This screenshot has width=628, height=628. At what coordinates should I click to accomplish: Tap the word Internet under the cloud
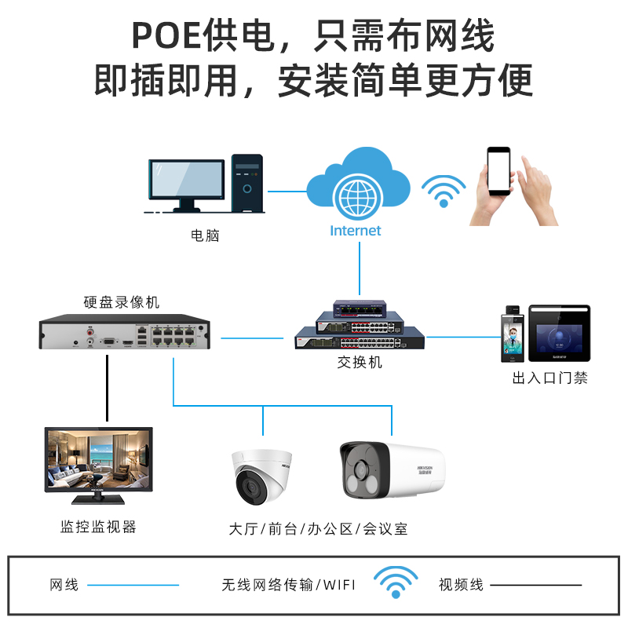[x=356, y=231]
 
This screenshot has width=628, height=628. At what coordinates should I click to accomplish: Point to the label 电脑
[x=205, y=235]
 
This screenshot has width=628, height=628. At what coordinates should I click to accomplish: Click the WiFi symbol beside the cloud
[x=444, y=191]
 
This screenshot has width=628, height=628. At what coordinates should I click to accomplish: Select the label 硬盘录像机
[x=122, y=302]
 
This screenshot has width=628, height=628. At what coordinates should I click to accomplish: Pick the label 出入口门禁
[x=549, y=378]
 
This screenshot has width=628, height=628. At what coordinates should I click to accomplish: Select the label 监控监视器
[x=99, y=527]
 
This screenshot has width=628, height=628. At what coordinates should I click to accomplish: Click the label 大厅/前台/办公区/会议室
[x=318, y=528]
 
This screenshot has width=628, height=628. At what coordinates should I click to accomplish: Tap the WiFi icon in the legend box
[x=396, y=582]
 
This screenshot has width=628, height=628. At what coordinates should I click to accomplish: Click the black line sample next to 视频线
[x=536, y=585]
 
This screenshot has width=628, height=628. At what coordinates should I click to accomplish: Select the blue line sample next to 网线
[x=133, y=585]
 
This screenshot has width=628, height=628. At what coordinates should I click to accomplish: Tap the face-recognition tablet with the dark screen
[x=557, y=334]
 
